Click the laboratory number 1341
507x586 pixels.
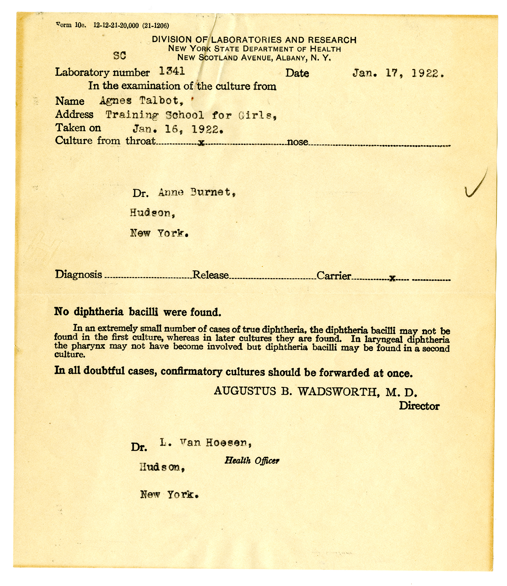[x=172, y=71]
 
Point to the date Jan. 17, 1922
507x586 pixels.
[x=397, y=73]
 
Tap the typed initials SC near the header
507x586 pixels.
[x=120, y=56]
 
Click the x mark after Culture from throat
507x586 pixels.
[x=201, y=143]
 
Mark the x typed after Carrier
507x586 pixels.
[x=392, y=278]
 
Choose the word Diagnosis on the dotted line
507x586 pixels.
[x=78, y=274]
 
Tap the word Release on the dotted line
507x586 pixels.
[x=211, y=275]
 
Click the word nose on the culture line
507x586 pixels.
[x=297, y=142]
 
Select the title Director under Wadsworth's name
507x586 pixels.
[x=419, y=406]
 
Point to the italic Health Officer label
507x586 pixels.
[x=252, y=460]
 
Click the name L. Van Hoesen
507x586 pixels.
[x=206, y=443]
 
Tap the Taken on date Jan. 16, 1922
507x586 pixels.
[x=178, y=129]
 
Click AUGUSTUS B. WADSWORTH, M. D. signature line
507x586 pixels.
[x=315, y=392]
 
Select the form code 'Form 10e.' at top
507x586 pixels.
[x=71, y=25]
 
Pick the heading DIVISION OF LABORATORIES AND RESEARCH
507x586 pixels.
[x=254, y=40]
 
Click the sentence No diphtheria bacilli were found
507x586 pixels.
[x=138, y=312]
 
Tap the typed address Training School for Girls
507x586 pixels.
[x=191, y=115]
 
